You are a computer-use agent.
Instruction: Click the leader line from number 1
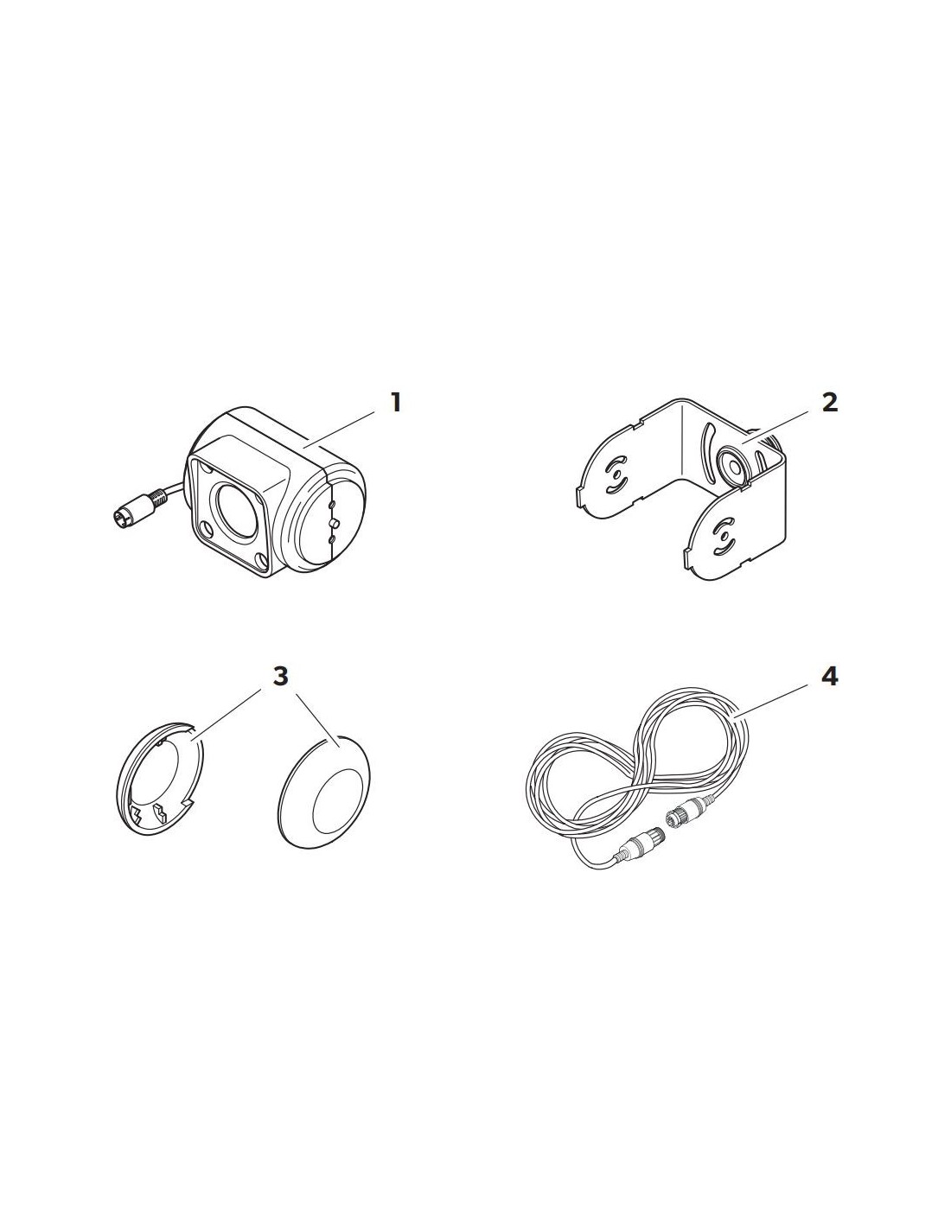[339, 430]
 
